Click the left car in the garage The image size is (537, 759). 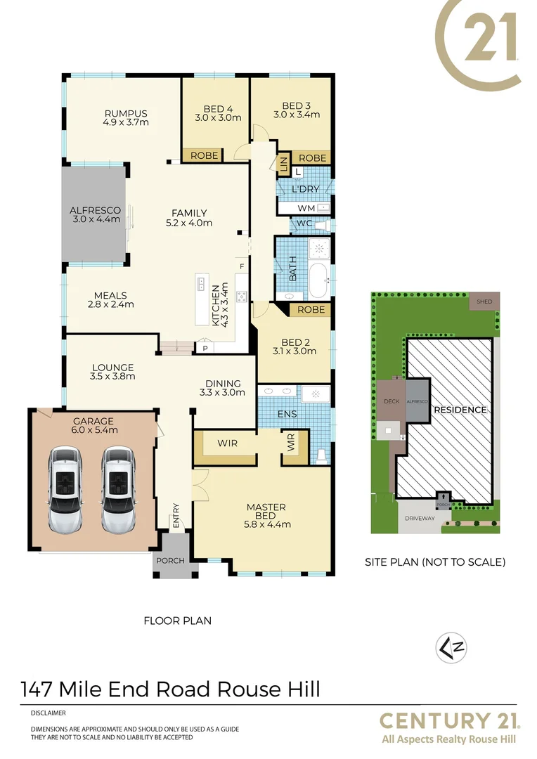65,491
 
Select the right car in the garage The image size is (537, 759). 117,491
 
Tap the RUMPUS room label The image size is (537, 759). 125,113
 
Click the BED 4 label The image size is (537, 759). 218,109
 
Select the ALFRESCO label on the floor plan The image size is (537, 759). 95,210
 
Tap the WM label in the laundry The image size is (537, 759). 306,208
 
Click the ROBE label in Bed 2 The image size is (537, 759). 311,310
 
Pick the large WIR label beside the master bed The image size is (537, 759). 227,443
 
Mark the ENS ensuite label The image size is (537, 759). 287,415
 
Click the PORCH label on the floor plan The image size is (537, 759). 170,560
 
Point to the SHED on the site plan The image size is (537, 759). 484,301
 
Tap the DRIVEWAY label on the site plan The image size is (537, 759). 419,519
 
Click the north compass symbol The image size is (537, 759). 452,647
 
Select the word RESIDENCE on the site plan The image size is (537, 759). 460,410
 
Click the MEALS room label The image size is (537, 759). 108,295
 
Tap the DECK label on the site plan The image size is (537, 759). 391,401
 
